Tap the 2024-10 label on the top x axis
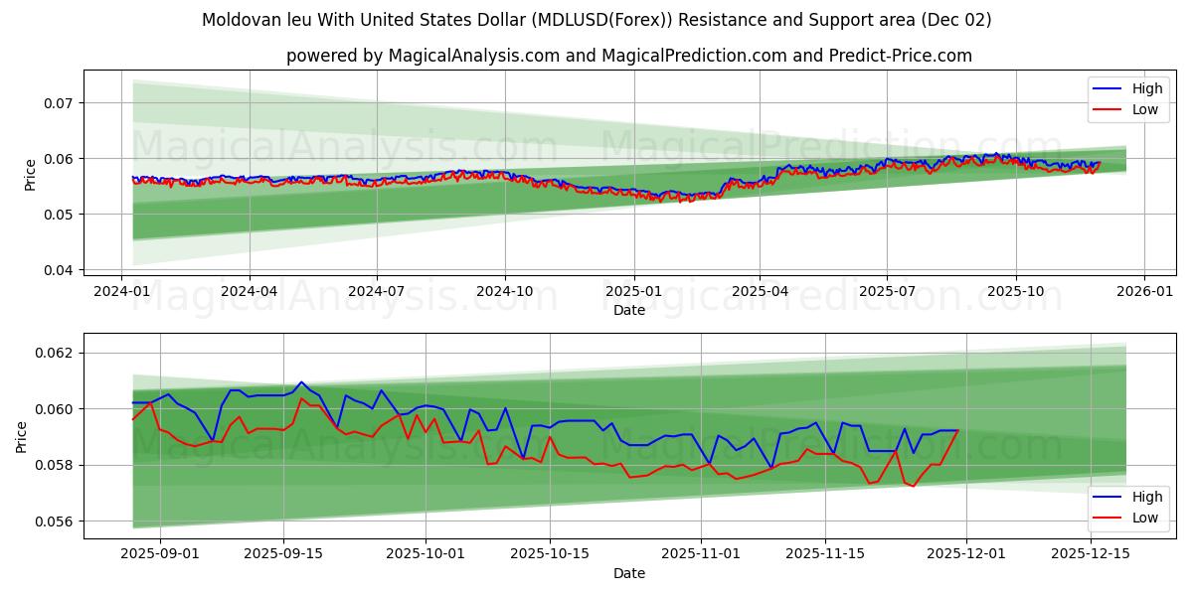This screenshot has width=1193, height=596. coord(504,292)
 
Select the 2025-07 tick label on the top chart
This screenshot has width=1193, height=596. coord(887,292)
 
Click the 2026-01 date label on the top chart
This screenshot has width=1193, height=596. coord(1143,292)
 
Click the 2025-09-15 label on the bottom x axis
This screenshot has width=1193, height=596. coord(283,554)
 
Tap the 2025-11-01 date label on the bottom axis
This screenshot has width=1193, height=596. coord(701,554)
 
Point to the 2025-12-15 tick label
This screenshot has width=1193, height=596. coord(1091,554)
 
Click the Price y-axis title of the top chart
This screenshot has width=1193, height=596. coord(30,174)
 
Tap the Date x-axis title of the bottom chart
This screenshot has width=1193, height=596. coord(628,573)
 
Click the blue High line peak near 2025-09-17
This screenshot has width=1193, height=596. coord(301,382)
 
